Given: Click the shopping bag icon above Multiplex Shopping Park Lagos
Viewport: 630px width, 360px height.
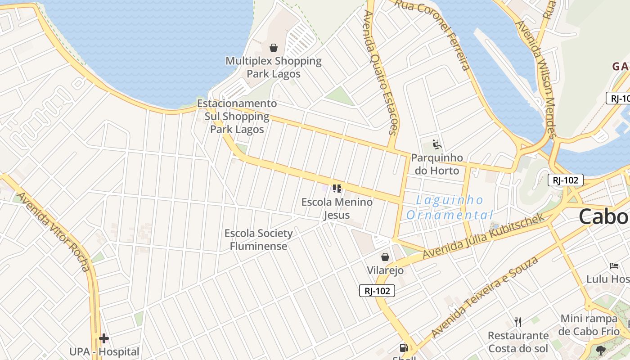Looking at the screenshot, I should tap(273, 48).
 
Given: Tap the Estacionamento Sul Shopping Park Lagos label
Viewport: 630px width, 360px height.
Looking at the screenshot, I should tap(237, 117).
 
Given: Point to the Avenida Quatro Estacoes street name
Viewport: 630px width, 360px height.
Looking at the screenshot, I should tap(381, 72).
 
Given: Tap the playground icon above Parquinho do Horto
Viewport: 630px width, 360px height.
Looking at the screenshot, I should tap(436, 145).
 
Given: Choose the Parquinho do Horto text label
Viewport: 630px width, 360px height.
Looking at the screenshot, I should tap(437, 164).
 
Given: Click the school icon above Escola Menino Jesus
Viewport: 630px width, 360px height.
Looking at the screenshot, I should tap(337, 189).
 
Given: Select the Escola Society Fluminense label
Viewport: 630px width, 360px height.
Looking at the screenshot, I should tap(259, 239).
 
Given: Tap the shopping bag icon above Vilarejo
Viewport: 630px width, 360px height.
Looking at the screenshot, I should tap(385, 257).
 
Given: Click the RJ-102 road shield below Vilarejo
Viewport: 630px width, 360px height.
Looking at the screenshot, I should tap(377, 291).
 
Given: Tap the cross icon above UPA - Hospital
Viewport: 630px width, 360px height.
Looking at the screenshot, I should tap(104, 338).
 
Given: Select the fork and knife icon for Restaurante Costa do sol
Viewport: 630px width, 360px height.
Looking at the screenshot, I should tap(518, 322).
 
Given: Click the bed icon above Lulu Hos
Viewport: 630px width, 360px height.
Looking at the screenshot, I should tap(614, 266).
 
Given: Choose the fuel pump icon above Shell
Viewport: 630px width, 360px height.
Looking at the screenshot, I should tap(404, 347).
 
